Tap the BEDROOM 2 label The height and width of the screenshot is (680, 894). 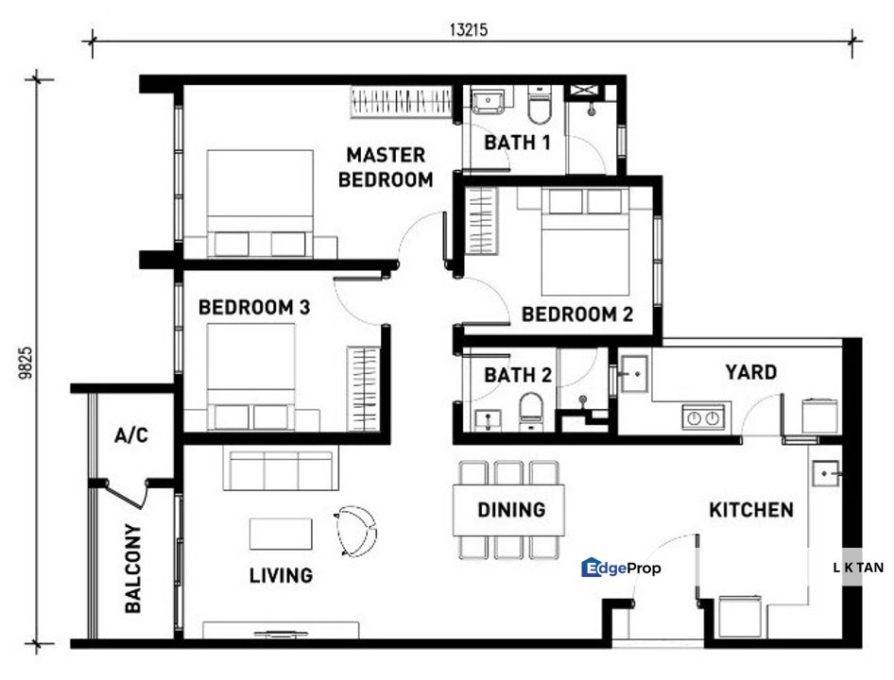click(576, 314)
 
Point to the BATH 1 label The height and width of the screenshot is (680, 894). click(517, 143)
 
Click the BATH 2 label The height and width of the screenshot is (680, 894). click(517, 375)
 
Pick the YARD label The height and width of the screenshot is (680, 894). click(750, 372)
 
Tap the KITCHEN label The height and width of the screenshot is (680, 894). click(751, 510)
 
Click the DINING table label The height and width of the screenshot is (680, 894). click(510, 510)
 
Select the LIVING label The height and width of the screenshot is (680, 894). click(281, 574)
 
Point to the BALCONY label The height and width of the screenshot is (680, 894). click(133, 569)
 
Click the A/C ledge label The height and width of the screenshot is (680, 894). click(130, 435)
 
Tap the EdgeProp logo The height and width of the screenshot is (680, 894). click(621, 568)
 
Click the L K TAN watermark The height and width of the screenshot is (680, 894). click(858, 568)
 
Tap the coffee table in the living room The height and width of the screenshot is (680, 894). click(281, 534)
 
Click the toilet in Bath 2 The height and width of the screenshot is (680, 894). click(530, 410)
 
